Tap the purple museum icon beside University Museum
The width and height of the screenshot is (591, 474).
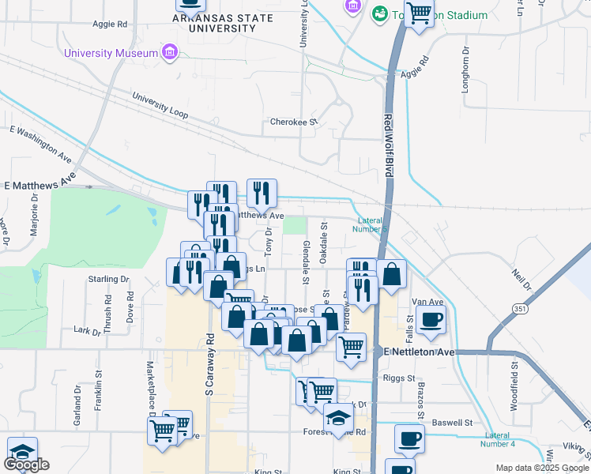168,53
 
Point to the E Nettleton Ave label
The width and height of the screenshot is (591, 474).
419,351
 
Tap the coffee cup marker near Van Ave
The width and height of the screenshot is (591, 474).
432,319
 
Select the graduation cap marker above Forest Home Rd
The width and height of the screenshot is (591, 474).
338,418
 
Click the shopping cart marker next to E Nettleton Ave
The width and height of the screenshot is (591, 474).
351,346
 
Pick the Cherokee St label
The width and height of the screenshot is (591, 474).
293,122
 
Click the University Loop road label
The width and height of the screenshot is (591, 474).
160,106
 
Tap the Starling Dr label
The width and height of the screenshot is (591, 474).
108,279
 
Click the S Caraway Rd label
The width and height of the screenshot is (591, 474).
210,363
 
